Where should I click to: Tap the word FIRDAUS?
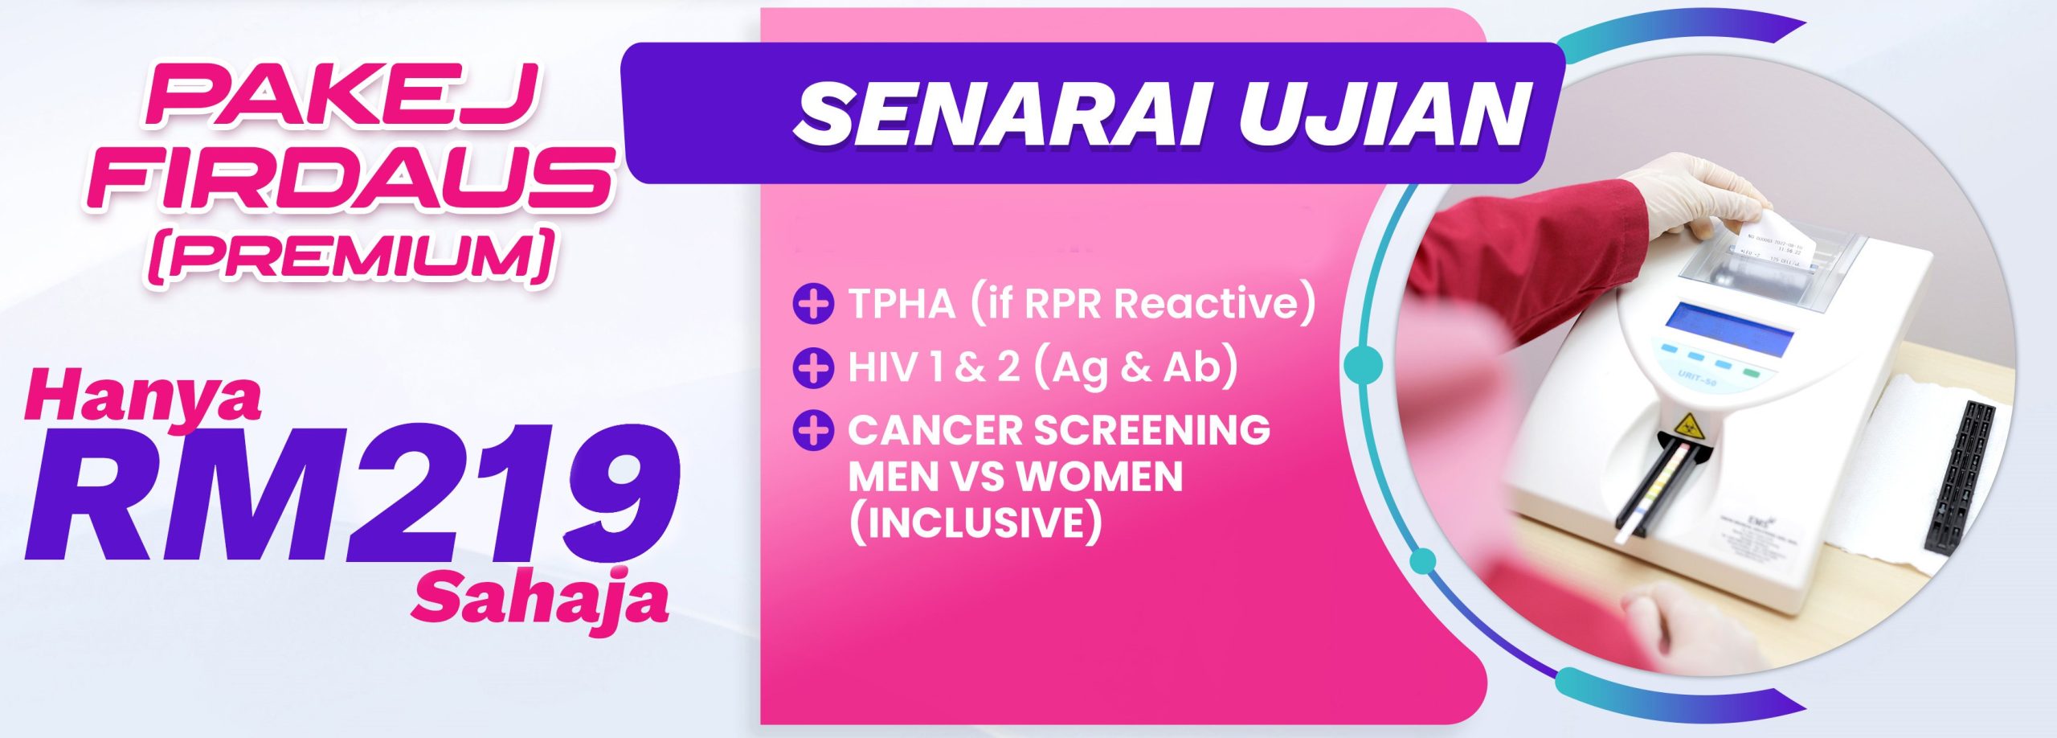tap(350, 179)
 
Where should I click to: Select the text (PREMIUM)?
tap(351, 256)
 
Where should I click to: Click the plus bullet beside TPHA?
tap(812, 304)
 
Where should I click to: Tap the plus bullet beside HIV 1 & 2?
tap(812, 367)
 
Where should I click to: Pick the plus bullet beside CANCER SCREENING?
tap(812, 430)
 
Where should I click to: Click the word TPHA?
tap(902, 304)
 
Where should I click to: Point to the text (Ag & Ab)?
tap(1135, 367)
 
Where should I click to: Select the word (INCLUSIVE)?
tap(975, 523)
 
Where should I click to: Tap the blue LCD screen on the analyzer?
tap(1728, 330)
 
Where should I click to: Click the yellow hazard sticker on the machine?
tap(1686, 422)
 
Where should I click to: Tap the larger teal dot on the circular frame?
tap(1363, 363)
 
